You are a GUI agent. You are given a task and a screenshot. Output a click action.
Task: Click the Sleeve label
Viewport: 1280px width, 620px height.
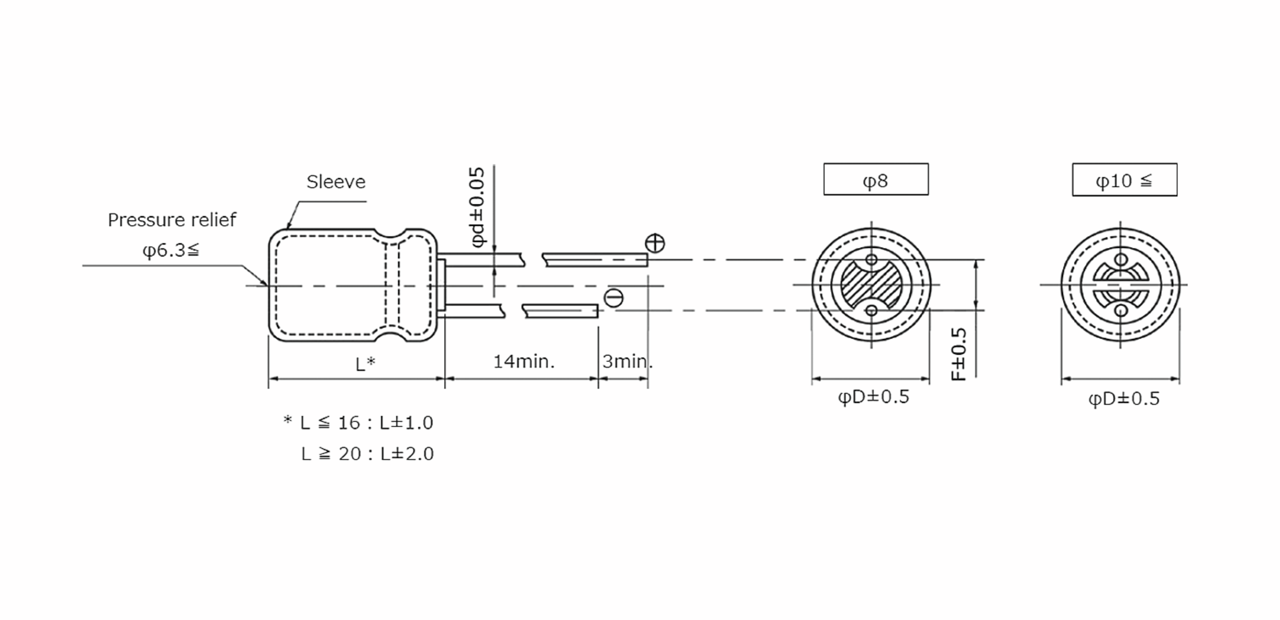pos(335,182)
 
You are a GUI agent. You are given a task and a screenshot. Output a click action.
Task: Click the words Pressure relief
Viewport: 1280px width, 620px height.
pos(172,220)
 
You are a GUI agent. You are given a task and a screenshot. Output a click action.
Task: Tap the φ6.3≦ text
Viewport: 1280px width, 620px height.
pos(171,250)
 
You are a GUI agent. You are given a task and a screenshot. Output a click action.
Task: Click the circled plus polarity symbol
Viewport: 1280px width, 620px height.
pos(655,243)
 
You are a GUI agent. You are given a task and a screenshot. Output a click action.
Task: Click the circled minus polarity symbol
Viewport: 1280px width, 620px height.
pos(613,298)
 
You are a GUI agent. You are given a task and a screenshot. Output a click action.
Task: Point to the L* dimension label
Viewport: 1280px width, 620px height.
pos(365,364)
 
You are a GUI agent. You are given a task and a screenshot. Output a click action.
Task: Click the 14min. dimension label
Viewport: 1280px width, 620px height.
pos(523,362)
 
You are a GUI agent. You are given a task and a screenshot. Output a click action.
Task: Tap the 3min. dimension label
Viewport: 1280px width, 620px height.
pos(627,362)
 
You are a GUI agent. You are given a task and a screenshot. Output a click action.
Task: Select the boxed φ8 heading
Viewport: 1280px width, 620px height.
pos(876,180)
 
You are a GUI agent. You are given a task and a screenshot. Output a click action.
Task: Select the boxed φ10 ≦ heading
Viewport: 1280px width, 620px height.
pos(1124,180)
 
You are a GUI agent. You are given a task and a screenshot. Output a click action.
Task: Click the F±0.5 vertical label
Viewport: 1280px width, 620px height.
pos(958,354)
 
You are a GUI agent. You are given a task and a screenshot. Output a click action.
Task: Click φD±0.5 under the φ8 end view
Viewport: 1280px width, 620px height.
pos(873,397)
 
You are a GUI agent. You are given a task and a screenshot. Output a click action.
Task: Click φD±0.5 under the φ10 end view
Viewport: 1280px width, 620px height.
pos(1124,399)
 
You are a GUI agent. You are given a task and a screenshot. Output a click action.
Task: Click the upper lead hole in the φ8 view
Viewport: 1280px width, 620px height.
pos(871,260)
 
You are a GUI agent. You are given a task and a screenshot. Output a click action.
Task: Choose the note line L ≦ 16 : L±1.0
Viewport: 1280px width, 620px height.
pos(358,423)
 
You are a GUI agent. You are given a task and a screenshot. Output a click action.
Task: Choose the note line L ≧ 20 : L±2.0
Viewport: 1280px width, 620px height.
pos(367,454)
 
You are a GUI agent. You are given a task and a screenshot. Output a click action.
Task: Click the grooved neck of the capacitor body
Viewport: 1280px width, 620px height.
pos(392,285)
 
